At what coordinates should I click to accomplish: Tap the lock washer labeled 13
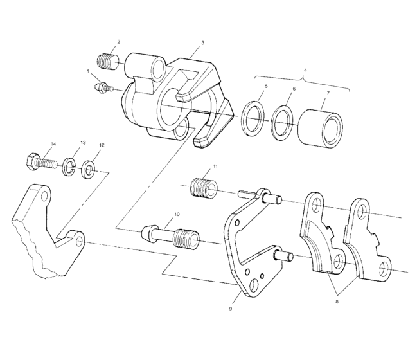pos(69,168)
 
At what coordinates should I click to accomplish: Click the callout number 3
pos(202,43)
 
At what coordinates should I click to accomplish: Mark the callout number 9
pos(230,308)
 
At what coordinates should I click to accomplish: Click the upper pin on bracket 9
pos(271,198)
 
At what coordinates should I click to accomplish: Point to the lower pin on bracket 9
pos(283,256)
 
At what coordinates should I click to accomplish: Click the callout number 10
pos(176,213)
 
